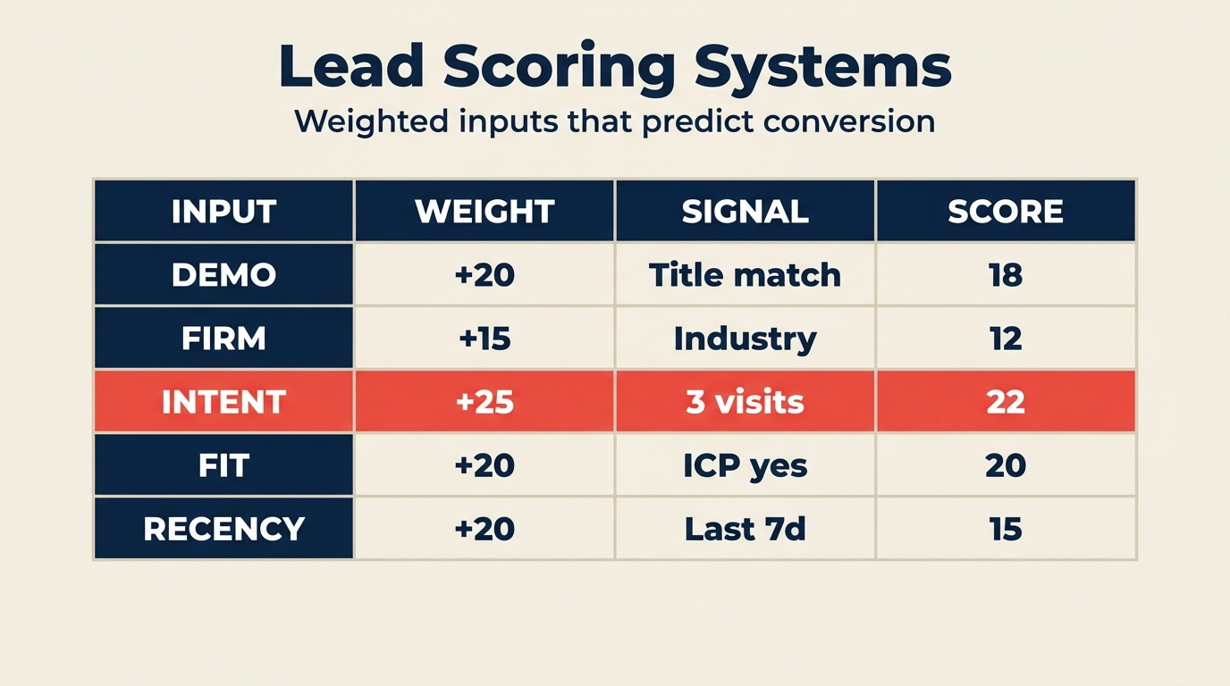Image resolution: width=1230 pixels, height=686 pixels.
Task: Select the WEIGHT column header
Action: [x=484, y=212]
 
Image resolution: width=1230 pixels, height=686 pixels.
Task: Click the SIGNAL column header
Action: [x=745, y=212]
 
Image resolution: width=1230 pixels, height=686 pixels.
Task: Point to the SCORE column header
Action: [x=1006, y=212]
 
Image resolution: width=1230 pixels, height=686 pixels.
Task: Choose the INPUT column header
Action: [x=223, y=212]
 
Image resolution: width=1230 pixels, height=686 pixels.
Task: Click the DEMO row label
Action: [x=223, y=275]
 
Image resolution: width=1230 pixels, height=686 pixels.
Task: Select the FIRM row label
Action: [x=223, y=339]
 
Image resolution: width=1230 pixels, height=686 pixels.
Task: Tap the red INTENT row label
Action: [x=223, y=402]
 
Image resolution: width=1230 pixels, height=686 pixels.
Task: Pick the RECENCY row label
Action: [x=223, y=529]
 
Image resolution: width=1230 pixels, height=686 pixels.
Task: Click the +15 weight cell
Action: [x=484, y=339]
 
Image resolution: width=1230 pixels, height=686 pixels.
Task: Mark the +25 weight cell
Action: [x=484, y=402]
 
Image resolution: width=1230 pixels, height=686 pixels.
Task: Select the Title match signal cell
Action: [x=745, y=275]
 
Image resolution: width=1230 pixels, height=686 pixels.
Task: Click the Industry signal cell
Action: [x=745, y=339]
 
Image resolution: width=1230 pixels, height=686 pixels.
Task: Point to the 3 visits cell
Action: [x=745, y=402]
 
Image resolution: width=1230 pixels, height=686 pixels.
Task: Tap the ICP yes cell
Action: [x=745, y=465]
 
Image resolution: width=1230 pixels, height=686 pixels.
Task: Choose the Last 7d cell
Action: [x=745, y=529]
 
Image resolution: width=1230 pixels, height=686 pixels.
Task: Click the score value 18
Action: [x=1006, y=275]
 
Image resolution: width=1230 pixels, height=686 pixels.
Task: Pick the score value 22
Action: [x=1006, y=402]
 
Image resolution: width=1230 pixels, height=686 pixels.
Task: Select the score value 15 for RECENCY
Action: [x=1006, y=529]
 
